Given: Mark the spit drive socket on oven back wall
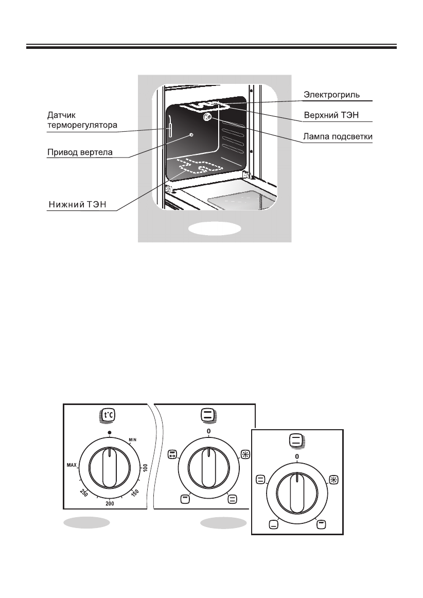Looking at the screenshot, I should click(191, 134).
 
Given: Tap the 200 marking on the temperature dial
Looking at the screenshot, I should click(110, 503).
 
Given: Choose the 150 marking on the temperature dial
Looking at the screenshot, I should click(135, 491).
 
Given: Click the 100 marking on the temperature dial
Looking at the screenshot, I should click(145, 468).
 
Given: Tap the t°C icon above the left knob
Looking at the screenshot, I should click(110, 415).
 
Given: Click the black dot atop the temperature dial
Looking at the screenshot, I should click(110, 432).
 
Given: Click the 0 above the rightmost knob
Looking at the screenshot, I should click(297, 456).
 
